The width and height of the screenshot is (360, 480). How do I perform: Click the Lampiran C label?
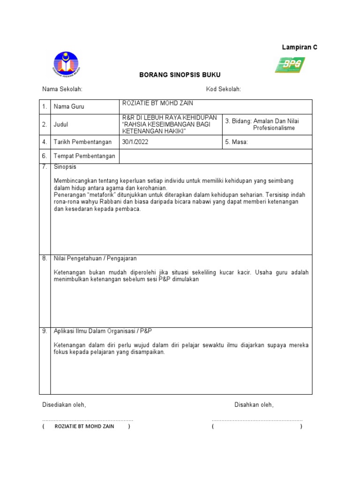pos(299,47)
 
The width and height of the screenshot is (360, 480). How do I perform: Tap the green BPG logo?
pos(290,65)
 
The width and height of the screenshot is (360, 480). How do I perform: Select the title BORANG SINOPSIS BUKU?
pos(180,75)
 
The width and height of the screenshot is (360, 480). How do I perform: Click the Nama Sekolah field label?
pos(62,90)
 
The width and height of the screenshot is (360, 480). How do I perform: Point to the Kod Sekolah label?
pos(223,90)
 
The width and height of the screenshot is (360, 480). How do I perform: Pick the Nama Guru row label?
pos(69,107)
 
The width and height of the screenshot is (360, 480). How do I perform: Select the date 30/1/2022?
pos(135,142)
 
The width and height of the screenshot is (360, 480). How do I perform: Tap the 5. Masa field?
pos(236,142)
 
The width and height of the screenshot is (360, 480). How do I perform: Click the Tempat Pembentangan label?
pos(84,156)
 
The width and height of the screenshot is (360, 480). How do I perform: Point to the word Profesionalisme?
pos(274,128)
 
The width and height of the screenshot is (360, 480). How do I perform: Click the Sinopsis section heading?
pos(65,167)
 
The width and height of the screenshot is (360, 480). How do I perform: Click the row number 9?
pos(45,331)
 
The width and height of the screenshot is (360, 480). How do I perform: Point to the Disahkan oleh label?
pos(254,405)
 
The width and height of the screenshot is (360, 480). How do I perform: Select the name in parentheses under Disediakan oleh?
pos(82,427)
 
